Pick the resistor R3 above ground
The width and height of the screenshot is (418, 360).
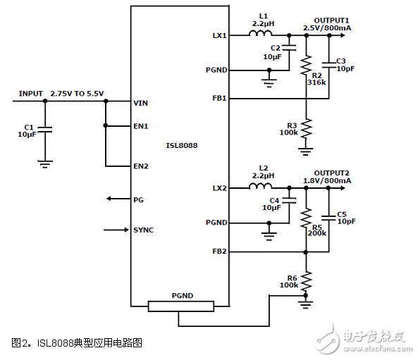point(306,130)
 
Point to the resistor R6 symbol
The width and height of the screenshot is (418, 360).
point(306,284)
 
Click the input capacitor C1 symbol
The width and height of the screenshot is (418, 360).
point(45,130)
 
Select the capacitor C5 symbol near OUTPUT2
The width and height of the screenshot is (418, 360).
point(329,216)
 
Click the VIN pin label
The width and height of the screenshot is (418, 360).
point(141,102)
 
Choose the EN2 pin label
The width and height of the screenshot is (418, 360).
point(141,166)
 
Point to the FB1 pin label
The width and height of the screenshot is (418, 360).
point(219,99)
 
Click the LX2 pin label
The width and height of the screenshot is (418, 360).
point(219,188)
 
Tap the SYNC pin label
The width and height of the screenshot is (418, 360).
point(143,230)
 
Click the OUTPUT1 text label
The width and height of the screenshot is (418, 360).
point(331,20)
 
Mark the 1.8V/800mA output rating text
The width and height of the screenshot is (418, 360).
point(327,181)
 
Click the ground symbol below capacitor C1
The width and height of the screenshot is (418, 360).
point(45,163)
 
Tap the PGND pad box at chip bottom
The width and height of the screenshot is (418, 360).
point(181,305)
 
